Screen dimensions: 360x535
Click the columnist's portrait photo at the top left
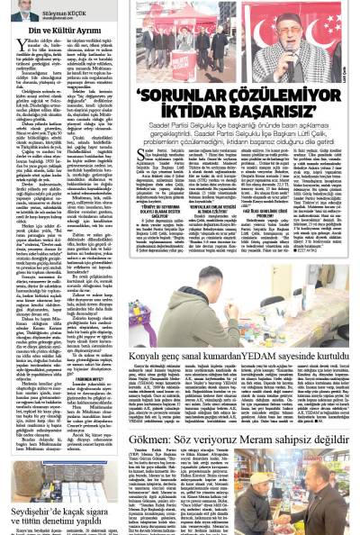23,11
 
